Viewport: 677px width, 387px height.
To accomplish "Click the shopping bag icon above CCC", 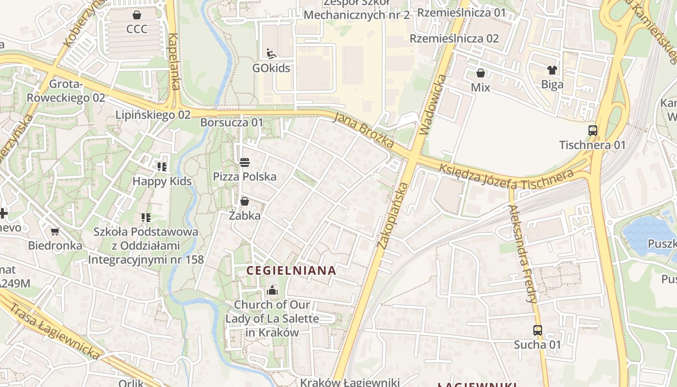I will pos(137,15).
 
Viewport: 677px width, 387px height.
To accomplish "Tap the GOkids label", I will pos(271,68).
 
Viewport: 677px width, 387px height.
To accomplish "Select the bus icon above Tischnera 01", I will pos(592,130).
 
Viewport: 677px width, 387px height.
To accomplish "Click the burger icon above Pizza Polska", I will pos(245,162).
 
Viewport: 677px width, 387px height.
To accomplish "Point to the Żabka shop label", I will pos(245,216).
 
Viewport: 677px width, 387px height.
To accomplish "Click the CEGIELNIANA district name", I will pos(291,270).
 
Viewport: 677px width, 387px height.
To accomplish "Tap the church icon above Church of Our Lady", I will pos(272,291).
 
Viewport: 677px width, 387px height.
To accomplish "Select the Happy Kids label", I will pos(162,181).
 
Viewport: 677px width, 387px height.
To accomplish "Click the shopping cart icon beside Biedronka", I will pos(55,232).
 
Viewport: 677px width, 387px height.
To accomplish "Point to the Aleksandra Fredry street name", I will pos(522,254).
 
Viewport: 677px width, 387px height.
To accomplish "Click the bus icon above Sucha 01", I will pos(537,330).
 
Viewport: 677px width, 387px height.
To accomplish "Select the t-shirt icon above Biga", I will pos(552,70).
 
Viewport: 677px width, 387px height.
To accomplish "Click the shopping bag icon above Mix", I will pos(481,73).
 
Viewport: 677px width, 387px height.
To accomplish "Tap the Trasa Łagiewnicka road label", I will pos(54,331).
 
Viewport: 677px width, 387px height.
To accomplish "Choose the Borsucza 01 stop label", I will pos(232,122).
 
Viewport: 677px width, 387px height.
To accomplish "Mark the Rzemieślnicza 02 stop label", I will pos(454,38).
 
